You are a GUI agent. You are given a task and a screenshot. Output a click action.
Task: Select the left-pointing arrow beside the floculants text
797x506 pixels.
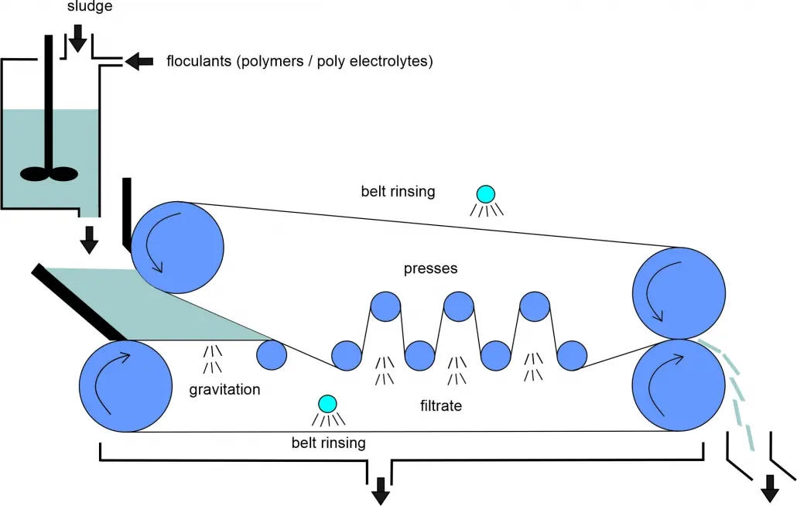click(139, 61)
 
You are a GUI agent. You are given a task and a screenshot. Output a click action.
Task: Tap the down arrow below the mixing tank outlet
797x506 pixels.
click(90, 240)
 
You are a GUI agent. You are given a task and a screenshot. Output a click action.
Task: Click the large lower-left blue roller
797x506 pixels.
click(126, 386)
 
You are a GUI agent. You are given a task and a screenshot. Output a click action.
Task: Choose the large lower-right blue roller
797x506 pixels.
click(679, 386)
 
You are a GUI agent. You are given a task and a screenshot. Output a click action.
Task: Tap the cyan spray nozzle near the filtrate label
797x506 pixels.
click(327, 403)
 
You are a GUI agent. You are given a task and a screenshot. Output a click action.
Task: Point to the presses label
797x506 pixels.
click(430, 269)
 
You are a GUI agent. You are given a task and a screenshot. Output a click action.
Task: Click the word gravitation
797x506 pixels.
click(224, 389)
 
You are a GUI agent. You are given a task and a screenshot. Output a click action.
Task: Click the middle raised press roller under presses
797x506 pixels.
click(458, 306)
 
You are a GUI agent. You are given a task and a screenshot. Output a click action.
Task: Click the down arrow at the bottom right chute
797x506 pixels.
click(770, 487)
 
